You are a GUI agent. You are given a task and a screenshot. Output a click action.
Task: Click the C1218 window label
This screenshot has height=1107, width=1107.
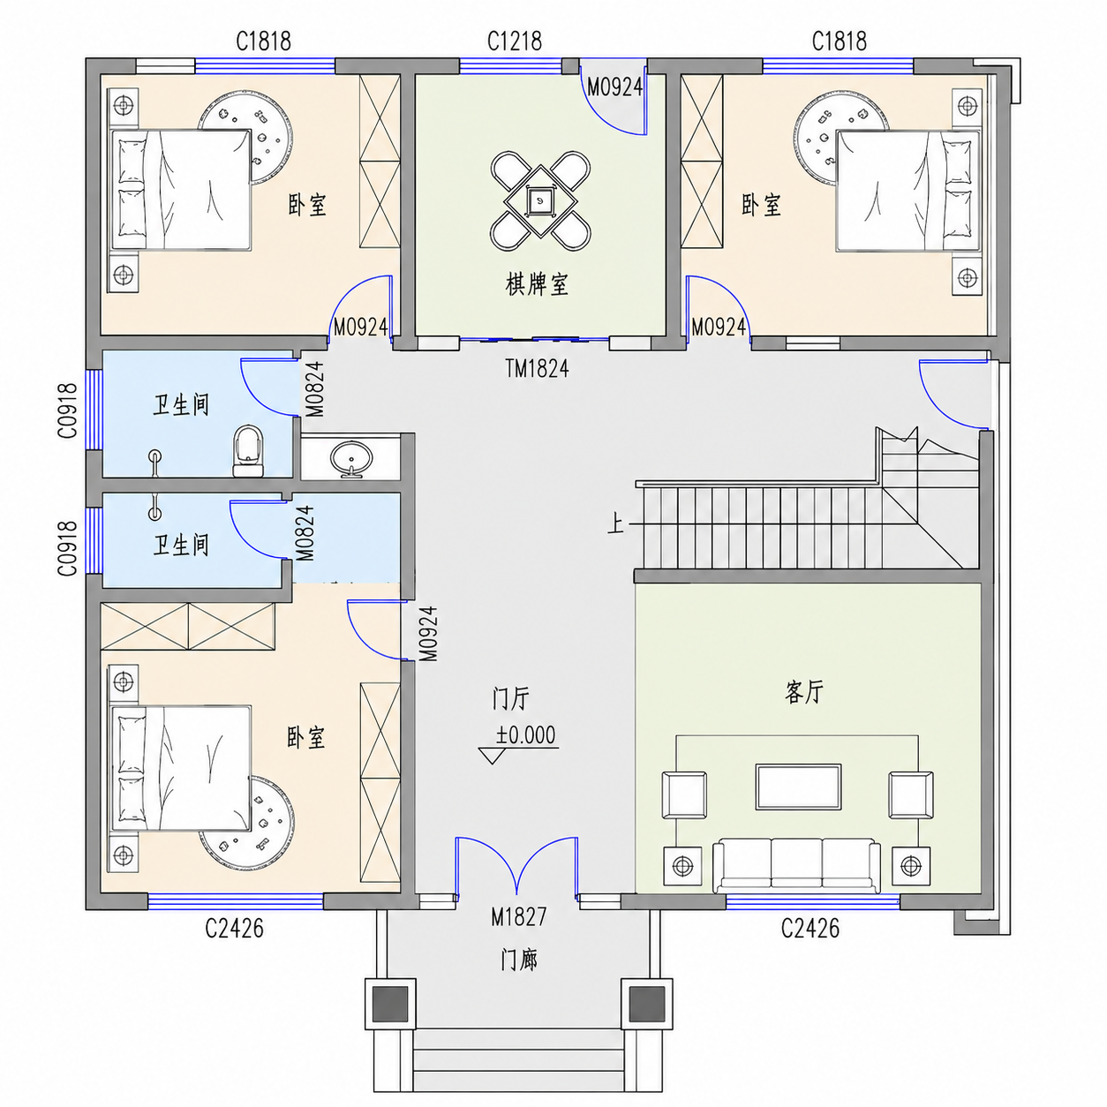[x=514, y=41]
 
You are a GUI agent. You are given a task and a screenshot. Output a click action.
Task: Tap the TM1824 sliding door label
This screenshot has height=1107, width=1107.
[x=537, y=368]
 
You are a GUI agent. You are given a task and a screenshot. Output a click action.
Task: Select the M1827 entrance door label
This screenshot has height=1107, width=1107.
[x=518, y=917]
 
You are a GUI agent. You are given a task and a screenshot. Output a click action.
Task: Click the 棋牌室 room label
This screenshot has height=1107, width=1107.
[x=537, y=284]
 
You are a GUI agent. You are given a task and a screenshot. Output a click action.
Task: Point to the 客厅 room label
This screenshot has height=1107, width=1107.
[x=803, y=692]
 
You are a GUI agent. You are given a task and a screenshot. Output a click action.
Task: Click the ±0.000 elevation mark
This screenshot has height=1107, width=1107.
[x=525, y=735]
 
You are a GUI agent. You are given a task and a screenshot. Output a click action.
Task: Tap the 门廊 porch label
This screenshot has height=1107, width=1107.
[x=519, y=960]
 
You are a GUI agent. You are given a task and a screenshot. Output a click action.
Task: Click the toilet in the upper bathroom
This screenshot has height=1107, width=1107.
[x=248, y=451]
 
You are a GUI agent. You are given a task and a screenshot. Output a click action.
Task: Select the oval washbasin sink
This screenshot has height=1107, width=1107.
[x=351, y=458]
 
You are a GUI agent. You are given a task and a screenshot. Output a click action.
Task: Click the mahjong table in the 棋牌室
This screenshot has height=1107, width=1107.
[x=540, y=200]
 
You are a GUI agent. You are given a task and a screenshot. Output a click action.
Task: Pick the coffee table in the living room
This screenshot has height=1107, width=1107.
[x=799, y=787]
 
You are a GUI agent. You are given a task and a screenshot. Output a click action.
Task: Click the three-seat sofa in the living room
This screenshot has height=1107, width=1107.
[x=797, y=865]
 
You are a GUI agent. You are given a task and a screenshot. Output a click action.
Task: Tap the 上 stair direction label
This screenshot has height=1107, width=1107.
[x=615, y=523]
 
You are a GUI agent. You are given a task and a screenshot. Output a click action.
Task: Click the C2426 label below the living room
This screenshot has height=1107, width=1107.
[x=810, y=928]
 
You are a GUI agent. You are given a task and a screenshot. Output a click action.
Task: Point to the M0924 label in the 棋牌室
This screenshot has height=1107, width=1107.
[x=614, y=87]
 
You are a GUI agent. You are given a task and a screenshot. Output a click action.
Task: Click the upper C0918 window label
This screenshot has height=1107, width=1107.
[x=67, y=410]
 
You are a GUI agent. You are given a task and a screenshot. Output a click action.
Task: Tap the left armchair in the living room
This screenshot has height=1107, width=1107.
[x=683, y=794]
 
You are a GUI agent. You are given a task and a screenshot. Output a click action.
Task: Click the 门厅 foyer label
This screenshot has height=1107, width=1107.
[x=511, y=698]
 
